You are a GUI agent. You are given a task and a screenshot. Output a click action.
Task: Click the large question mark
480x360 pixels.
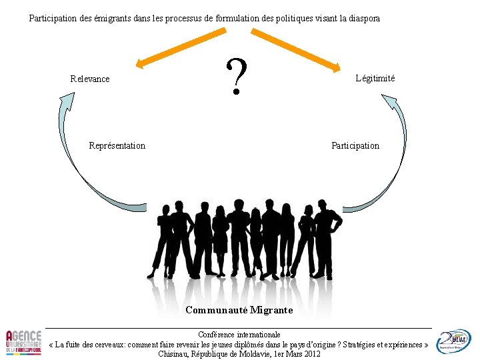pos(236,75)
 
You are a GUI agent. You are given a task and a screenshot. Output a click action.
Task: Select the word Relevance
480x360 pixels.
pos(90,79)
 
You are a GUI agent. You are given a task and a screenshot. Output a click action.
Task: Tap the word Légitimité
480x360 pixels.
pos(375,78)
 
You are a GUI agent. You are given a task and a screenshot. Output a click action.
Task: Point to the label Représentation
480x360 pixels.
pos(117,145)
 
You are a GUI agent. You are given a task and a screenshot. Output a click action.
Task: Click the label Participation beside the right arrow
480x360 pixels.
pos(355,145)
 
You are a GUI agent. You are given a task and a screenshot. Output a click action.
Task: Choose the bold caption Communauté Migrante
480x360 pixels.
pos(239,310)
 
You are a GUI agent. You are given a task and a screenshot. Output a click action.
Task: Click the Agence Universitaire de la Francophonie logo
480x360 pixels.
pos(23,342)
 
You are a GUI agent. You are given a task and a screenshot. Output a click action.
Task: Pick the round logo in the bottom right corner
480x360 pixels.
pos(453,341)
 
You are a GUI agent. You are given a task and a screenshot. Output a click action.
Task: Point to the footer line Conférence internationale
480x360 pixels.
pos(239,334)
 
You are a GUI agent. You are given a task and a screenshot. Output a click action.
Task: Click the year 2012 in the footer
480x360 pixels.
pos(311,353)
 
